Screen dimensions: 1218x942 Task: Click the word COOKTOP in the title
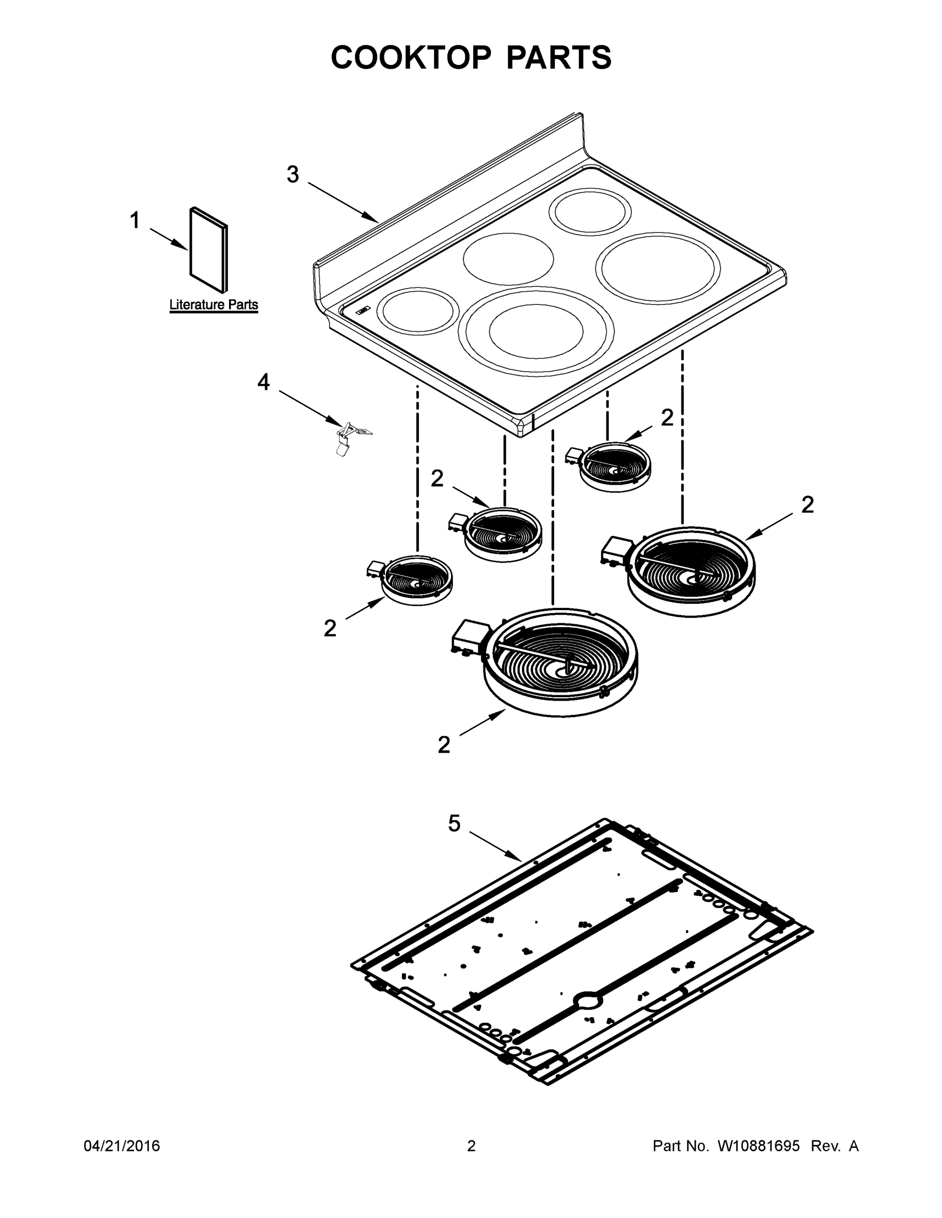point(411,57)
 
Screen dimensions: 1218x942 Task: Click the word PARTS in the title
point(558,57)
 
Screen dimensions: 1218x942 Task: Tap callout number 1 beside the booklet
point(135,221)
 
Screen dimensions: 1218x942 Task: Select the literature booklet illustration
point(209,250)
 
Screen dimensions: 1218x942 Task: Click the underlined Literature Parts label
point(213,305)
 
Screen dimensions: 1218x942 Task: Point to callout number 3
point(293,175)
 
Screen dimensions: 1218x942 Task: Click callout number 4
point(264,383)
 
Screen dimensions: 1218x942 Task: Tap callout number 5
point(454,823)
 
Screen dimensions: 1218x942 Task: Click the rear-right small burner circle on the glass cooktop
point(590,212)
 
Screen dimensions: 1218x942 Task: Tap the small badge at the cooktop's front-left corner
point(363,310)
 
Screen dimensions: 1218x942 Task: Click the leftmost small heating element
point(415,579)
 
